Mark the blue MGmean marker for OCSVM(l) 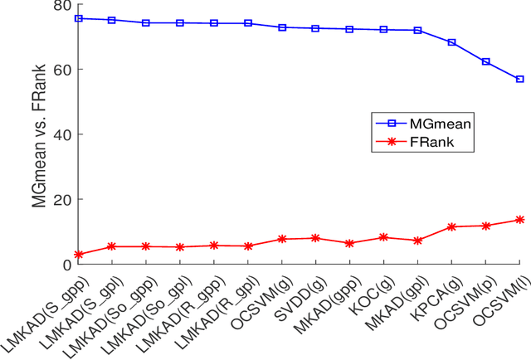click(519, 80)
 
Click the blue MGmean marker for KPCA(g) click(451, 42)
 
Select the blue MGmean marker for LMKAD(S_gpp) click(78, 18)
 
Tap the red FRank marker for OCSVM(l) click(519, 220)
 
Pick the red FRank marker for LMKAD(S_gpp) click(78, 255)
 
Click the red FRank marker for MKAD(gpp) click(349, 244)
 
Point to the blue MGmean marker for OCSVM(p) click(485, 62)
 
